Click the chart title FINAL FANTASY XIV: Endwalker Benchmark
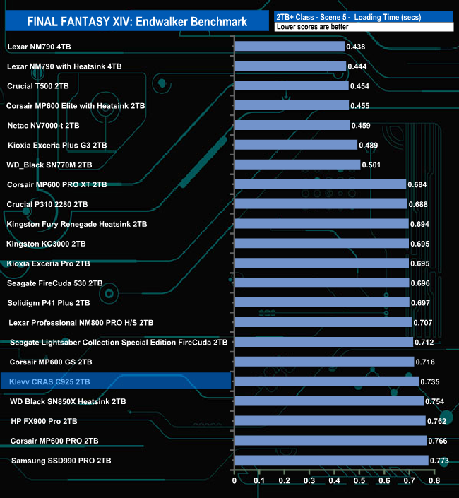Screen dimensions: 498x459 (x=137, y=21)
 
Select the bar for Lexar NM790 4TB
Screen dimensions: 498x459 (x=289, y=47)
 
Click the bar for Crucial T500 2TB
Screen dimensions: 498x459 (x=291, y=86)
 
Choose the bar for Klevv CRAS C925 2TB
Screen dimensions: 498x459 (x=326, y=381)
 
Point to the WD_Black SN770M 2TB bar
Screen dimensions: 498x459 (x=297, y=165)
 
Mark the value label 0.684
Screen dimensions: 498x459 (x=419, y=185)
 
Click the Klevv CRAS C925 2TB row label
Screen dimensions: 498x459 (x=50, y=381)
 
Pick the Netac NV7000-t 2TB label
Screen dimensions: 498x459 (x=43, y=125)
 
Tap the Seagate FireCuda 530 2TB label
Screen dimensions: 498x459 (x=54, y=283)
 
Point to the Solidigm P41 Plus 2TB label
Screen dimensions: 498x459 (x=48, y=303)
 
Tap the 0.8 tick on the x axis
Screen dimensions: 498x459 (x=433, y=481)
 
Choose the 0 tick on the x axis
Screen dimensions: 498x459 (x=234, y=481)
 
